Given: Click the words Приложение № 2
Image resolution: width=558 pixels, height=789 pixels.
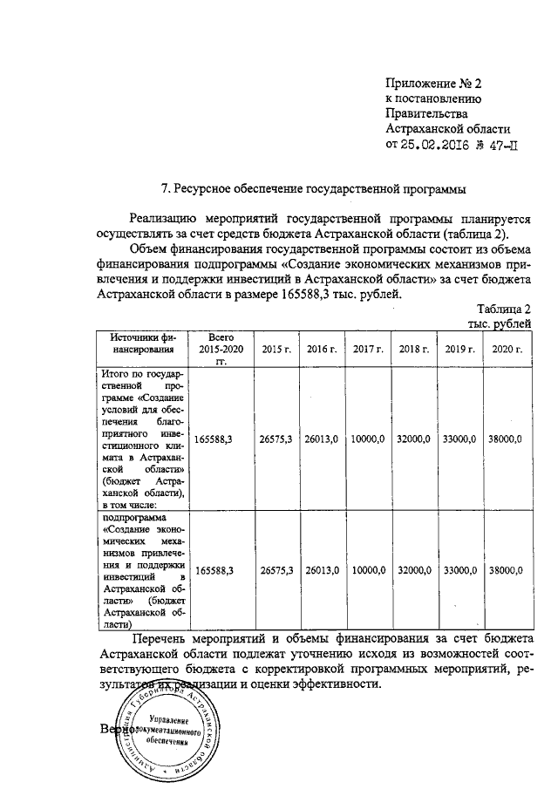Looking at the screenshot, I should [x=433, y=84].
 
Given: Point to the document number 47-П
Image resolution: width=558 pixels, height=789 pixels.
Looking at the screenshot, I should [x=510, y=146].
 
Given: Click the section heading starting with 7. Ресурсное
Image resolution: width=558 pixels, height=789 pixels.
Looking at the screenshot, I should [x=315, y=188].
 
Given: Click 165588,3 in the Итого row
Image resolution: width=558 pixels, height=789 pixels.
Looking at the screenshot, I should [x=214, y=440].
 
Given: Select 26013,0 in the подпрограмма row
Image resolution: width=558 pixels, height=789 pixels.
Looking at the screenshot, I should [x=322, y=570].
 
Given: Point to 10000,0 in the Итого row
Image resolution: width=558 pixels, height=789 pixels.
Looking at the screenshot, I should [x=369, y=440].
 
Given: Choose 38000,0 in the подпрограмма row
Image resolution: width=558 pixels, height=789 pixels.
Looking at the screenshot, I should [x=506, y=570].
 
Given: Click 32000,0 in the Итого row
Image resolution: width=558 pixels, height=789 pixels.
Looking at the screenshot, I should [x=414, y=440].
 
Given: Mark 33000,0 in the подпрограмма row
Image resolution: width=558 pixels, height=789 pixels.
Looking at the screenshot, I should [x=459, y=570].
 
